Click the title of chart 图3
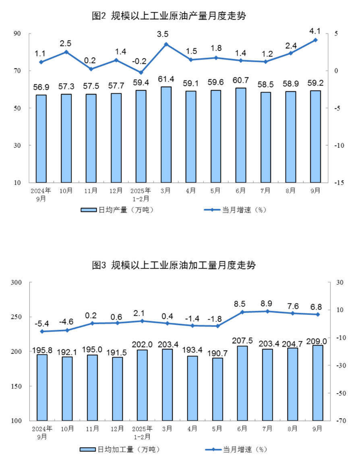(174, 265)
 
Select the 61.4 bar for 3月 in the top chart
(166, 134)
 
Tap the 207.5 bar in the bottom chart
(242, 383)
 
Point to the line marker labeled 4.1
(315, 40)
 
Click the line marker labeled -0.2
(141, 72)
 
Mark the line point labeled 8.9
(267, 311)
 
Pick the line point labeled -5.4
(41, 331)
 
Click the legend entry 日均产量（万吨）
(117, 210)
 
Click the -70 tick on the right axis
(337, 421)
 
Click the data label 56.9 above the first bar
(41, 88)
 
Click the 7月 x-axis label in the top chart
(265, 190)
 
